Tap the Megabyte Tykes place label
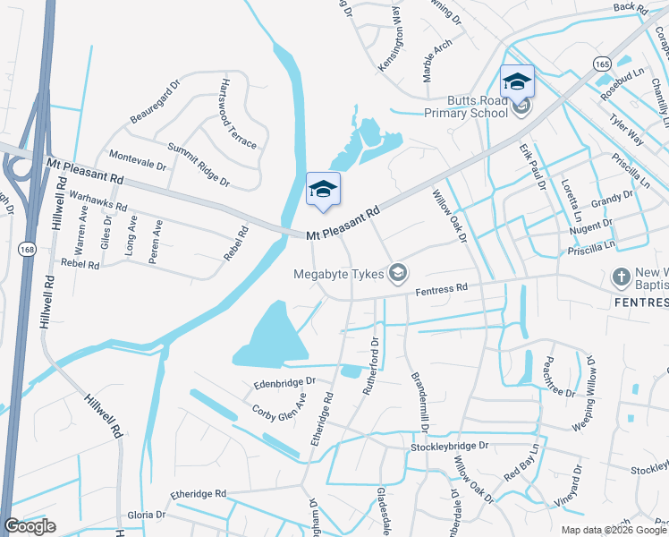[341, 274]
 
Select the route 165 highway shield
[601, 64]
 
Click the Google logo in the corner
[30, 526]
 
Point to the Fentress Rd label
[442, 289]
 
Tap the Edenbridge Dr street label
[284, 382]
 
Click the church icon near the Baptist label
[622, 277]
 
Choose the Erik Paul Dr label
[532, 168]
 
